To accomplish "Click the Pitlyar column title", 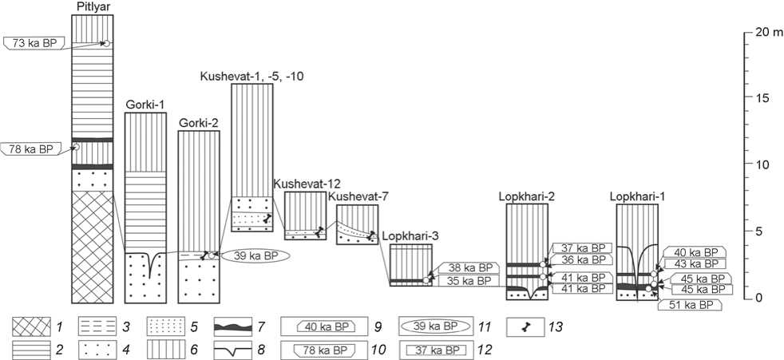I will coord(93,7).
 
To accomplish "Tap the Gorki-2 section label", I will coord(198,123).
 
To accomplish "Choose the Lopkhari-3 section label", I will coord(410,236).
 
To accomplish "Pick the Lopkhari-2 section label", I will coord(526,196).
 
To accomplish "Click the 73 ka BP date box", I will coord(33,42).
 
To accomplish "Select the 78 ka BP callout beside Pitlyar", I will coord(33,148).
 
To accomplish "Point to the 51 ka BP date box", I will coord(689,305).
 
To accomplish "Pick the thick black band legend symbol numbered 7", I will coord(239,326).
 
